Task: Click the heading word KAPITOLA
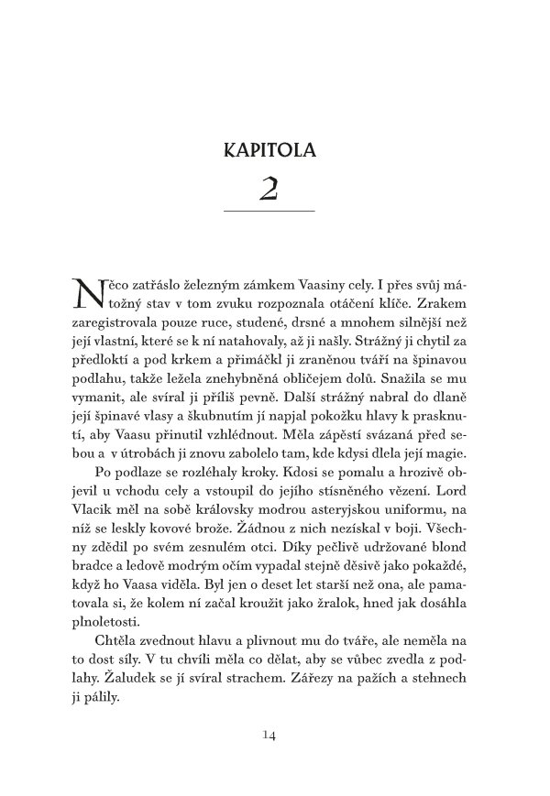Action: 269,149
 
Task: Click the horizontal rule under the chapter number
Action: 269,213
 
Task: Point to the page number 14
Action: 269,733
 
